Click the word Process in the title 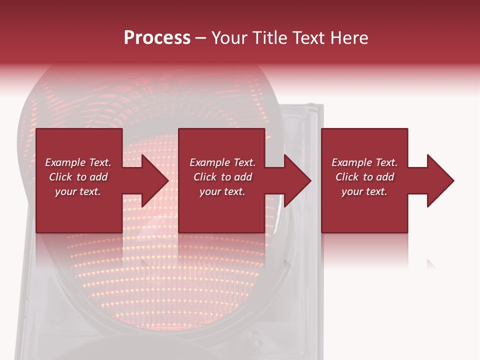coord(157,38)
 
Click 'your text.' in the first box coord(78,191)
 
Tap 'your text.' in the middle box coord(222,191)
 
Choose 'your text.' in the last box coord(364,191)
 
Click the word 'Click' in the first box coord(60,177)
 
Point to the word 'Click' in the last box coord(347,177)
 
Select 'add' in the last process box coord(384,177)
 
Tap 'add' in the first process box coord(98,177)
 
